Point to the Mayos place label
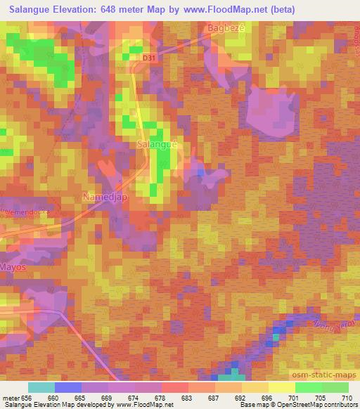[x=13, y=268]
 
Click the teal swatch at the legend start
[x=41, y=387]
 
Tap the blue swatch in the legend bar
[x=68, y=387]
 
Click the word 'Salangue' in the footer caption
[x=18, y=404]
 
